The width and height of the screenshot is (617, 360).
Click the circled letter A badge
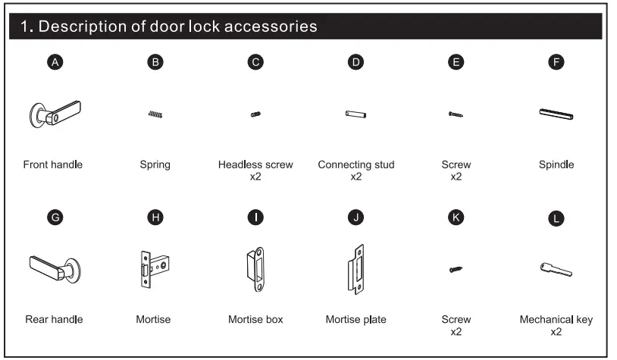pyautogui.click(x=53, y=63)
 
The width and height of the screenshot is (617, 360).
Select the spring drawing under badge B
pyautogui.click(x=155, y=114)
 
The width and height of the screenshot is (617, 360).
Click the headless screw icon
pyautogui.click(x=255, y=114)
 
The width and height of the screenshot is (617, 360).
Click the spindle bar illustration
pyautogui.click(x=556, y=114)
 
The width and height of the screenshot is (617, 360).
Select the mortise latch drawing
pyautogui.click(x=155, y=270)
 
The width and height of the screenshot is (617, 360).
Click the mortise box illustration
pyautogui.click(x=255, y=269)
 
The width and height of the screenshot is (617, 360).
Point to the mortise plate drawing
pyautogui.click(x=355, y=269)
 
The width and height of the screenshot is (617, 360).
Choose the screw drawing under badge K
pyautogui.click(x=456, y=268)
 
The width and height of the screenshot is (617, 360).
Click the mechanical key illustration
pyautogui.click(x=556, y=268)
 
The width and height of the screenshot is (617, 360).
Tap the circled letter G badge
pyautogui.click(x=53, y=218)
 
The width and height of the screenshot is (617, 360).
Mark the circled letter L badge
pyautogui.click(x=556, y=218)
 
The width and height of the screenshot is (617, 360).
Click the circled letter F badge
pyautogui.click(x=556, y=63)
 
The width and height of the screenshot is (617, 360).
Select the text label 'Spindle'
pyautogui.click(x=556, y=164)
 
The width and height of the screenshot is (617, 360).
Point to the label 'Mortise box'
pyautogui.click(x=255, y=319)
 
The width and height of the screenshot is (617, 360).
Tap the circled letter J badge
pyautogui.click(x=355, y=218)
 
